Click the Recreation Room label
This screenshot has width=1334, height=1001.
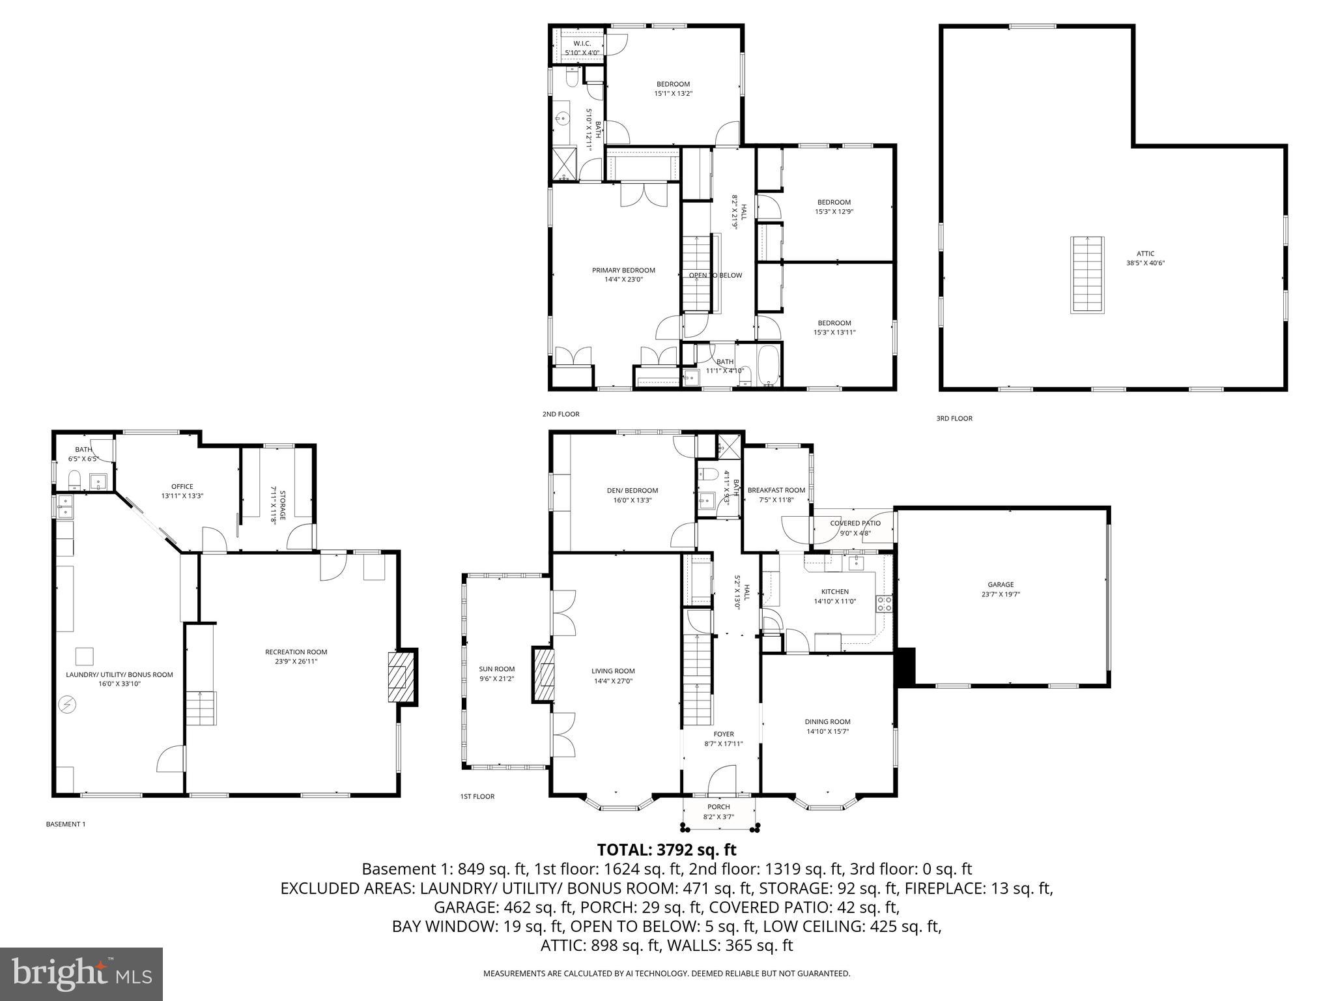coord(296,652)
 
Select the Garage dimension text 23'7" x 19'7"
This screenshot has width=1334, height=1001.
coord(1000,594)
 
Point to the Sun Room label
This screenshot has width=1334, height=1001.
coord(496,669)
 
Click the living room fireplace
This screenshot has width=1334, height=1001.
coord(544,674)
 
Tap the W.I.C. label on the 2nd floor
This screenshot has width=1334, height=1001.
coord(582,43)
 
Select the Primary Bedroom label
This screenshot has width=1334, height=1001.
coord(623,270)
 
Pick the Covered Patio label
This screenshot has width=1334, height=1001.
coord(855,523)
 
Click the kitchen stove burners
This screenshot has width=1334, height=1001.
coord(885,603)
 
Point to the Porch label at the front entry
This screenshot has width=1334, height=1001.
coord(719,807)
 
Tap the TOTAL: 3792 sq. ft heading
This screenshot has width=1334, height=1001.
coord(666,850)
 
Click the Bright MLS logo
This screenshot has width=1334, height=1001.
coord(81,974)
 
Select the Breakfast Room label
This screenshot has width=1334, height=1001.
coord(776,490)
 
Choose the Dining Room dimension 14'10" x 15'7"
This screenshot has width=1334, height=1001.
coord(827,731)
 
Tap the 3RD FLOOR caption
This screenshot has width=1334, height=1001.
coord(954,418)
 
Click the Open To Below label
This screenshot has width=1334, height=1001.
coord(715,275)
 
